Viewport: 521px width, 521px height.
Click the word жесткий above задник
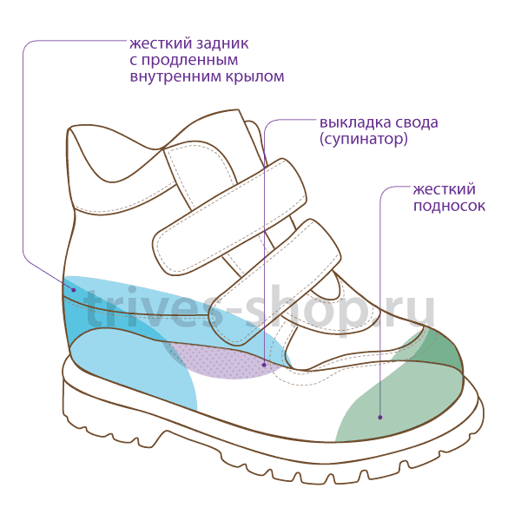click(x=160, y=43)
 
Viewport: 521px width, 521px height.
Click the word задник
click(x=222, y=44)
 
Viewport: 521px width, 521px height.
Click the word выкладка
click(x=353, y=122)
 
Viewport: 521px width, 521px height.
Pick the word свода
click(x=415, y=122)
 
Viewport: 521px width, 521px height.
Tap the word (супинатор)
click(x=364, y=139)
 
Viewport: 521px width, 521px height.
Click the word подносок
click(x=449, y=206)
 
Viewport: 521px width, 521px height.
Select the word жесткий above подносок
click(x=445, y=189)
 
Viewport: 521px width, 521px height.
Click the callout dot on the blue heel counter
click(x=74, y=290)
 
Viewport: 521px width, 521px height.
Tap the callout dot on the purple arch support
click(x=264, y=365)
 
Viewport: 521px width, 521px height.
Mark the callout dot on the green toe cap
click(x=380, y=418)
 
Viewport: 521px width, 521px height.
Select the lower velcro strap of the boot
click(x=274, y=281)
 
